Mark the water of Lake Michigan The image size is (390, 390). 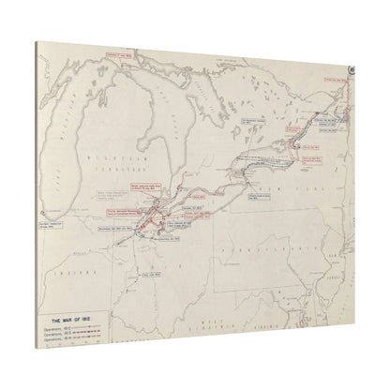[95, 141]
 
